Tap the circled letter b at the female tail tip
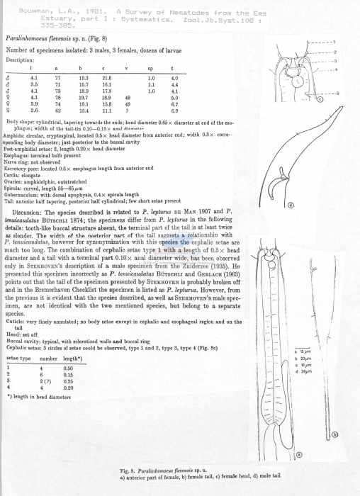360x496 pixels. coord(334,434)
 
